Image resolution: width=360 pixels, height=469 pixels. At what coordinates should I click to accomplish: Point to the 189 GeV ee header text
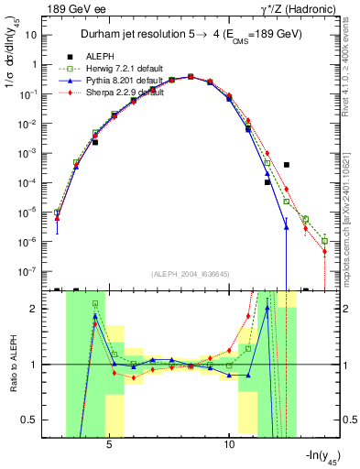(69, 8)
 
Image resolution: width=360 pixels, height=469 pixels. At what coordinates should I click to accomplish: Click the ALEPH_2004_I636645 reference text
(191, 275)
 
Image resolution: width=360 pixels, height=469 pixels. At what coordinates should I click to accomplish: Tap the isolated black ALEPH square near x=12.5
(287, 165)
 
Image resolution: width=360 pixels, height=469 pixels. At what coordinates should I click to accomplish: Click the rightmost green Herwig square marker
(324, 241)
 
